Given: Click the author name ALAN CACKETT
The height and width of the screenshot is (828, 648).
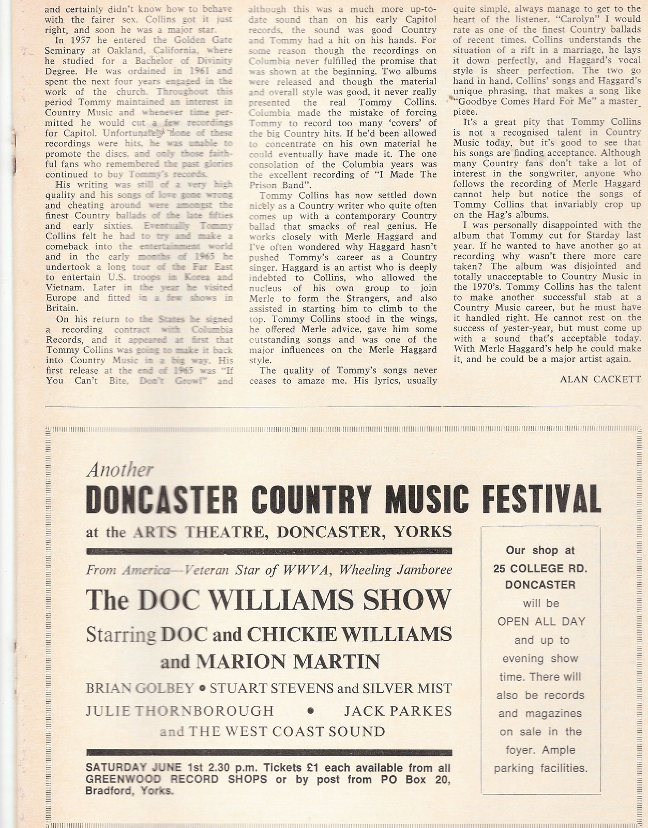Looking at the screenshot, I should pyautogui.click(x=600, y=379).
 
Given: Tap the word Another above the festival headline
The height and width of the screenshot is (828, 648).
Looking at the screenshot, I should pyautogui.click(x=120, y=470).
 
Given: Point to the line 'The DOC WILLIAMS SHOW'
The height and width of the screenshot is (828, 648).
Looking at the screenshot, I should pyautogui.click(x=268, y=600).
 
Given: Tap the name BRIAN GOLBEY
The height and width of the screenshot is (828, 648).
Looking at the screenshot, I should pyautogui.click(x=140, y=688).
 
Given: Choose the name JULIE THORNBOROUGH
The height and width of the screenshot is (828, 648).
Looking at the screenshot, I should pyautogui.click(x=179, y=711).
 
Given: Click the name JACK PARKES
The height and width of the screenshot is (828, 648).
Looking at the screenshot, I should pyautogui.click(x=398, y=711).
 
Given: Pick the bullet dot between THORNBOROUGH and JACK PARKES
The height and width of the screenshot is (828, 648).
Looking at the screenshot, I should pyautogui.click(x=310, y=711).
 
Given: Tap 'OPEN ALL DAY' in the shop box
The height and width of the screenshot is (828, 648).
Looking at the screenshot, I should pyautogui.click(x=541, y=622).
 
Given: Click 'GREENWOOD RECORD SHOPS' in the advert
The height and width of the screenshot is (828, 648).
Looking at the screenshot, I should pyautogui.click(x=176, y=780).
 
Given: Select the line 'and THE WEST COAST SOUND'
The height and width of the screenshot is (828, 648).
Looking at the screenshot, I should pyautogui.click(x=272, y=732).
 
